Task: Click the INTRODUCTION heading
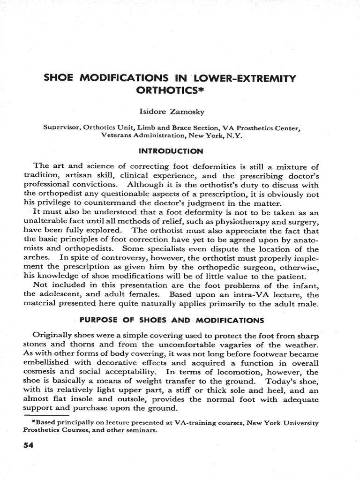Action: coord(180,151)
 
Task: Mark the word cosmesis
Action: coord(41,372)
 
